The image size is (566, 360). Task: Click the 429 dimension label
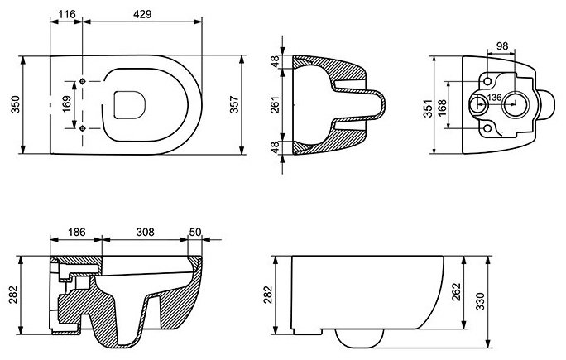coord(142,14)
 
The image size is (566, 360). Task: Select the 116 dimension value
coord(67,14)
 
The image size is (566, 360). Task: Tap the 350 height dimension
coord(15,104)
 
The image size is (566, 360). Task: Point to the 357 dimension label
coord(235,104)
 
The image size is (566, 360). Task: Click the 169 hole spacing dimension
coord(67,104)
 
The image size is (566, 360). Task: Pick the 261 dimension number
coord(276,104)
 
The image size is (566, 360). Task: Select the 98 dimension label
coord(502,46)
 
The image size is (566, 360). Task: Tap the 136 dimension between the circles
coord(494,98)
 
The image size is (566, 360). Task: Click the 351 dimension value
coord(428,108)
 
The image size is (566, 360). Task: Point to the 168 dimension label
coord(442,108)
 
